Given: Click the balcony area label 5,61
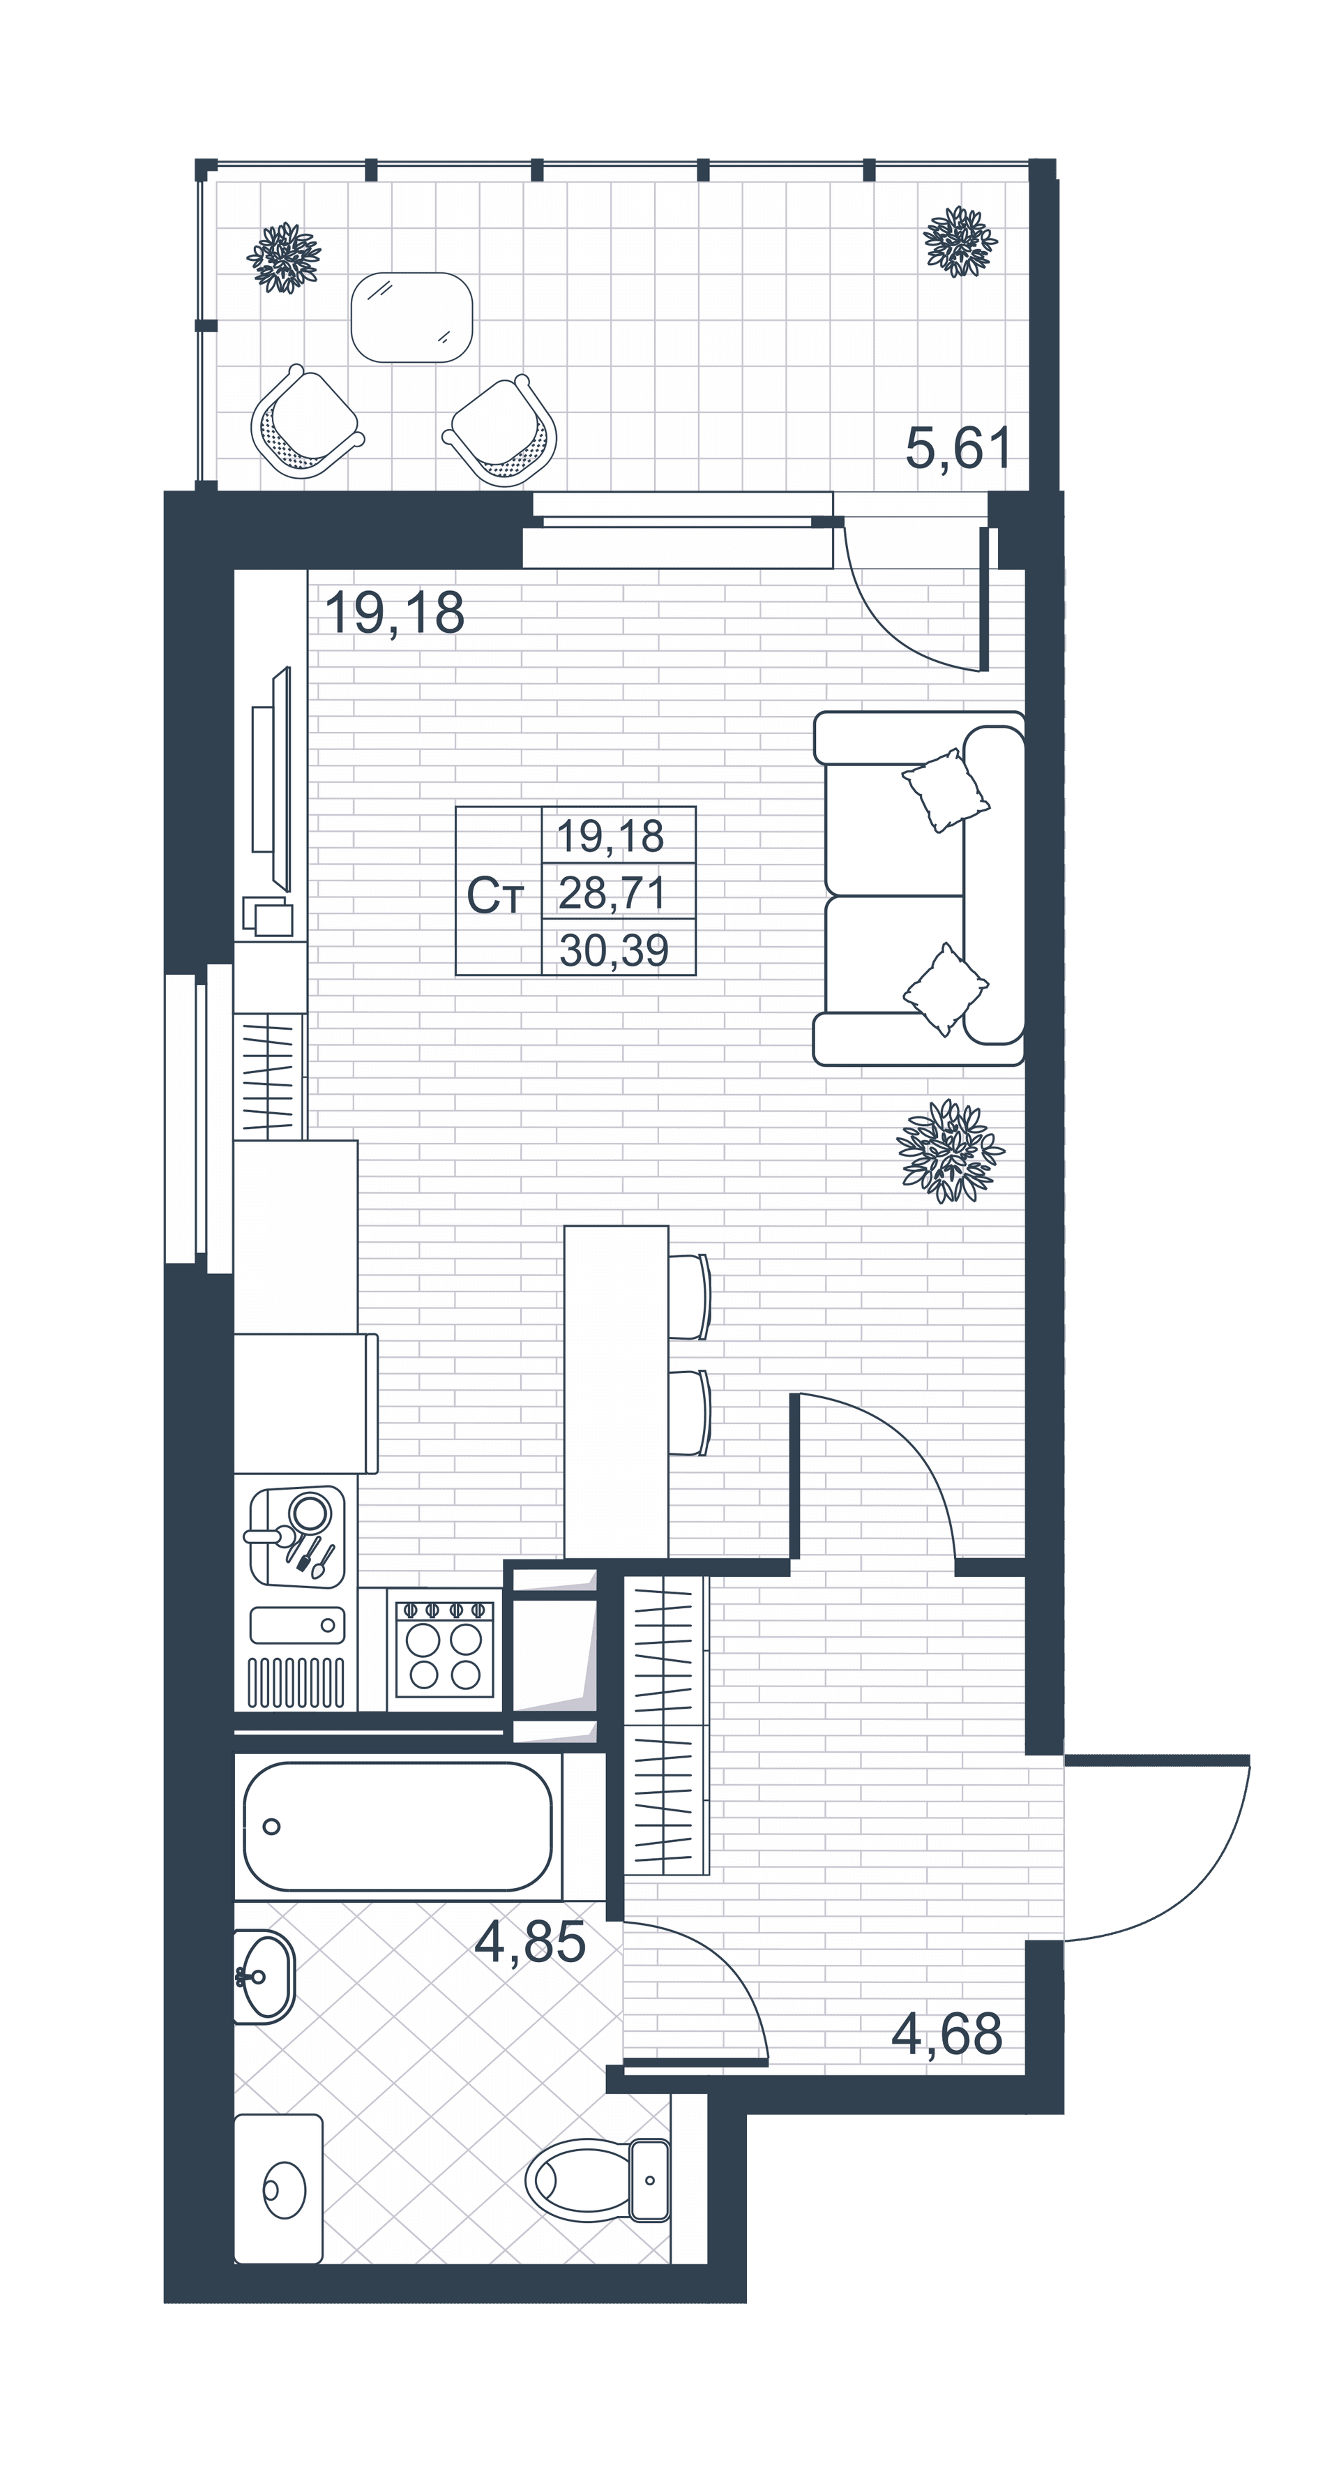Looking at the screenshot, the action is click(960, 448).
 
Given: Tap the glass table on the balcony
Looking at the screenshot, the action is click(411, 317).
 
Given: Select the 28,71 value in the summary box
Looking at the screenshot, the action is click(612, 893).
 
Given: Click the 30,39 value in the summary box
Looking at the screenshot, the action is click(613, 950).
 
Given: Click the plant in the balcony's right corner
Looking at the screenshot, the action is click(960, 241).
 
